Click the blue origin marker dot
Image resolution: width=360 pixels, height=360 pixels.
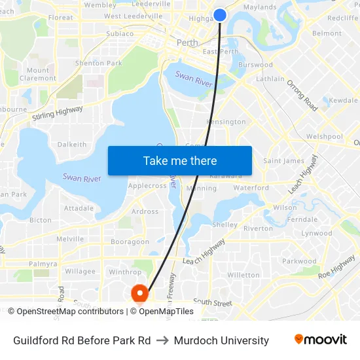click(220, 14)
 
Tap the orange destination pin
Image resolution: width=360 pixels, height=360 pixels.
click(139, 293)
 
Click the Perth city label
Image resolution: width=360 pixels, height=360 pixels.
click(187, 43)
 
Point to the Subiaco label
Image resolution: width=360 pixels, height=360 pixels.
click(120, 33)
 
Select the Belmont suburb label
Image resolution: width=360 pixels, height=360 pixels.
click(327, 33)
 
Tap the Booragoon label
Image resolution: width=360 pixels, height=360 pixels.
click(130, 242)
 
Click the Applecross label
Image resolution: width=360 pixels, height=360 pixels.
click(147, 186)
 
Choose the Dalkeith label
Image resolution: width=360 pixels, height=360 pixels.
click(72, 145)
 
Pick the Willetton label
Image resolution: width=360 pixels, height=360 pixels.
click(243, 275)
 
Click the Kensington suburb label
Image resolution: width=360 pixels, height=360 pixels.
click(226, 122)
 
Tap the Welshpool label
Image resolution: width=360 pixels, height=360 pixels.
click(325, 137)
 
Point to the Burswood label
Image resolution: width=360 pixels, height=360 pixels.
click(256, 65)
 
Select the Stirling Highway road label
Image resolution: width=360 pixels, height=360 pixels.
click(58, 113)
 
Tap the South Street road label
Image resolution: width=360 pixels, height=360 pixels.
click(213, 303)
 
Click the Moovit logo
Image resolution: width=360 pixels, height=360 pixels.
click(321, 340)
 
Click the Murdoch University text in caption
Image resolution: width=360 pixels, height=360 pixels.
click(222, 340)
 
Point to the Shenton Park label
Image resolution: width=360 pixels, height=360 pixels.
click(99, 63)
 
